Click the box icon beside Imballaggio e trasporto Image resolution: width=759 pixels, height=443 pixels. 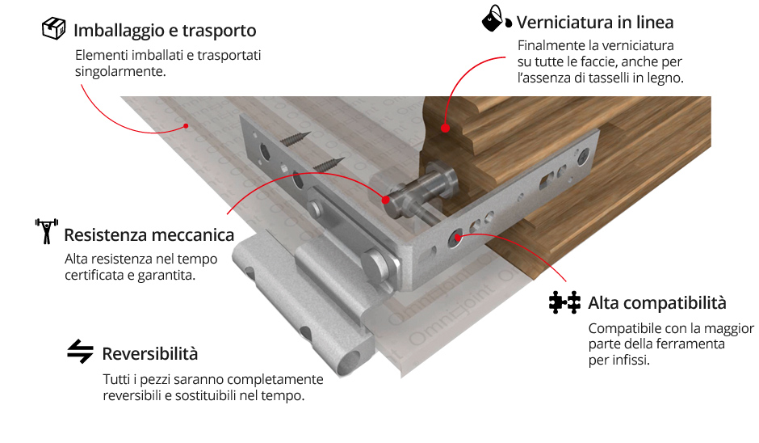click(x=54, y=28)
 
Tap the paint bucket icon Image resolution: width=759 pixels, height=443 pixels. click(x=497, y=19)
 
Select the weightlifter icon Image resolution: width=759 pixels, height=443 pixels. click(x=47, y=231)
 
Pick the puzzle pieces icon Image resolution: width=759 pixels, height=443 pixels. click(x=564, y=302)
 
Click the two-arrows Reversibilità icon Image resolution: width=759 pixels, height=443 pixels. click(x=81, y=351)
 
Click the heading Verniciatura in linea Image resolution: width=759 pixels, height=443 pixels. click(x=595, y=23)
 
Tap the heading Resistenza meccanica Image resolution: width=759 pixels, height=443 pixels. click(x=149, y=235)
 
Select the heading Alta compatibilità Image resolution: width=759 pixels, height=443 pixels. click(x=657, y=303)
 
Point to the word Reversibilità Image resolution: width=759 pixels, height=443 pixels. click(x=150, y=354)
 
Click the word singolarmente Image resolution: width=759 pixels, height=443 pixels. click(x=120, y=72)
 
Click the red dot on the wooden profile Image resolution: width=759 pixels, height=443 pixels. click(x=445, y=128)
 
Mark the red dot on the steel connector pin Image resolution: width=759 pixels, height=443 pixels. click(x=385, y=199)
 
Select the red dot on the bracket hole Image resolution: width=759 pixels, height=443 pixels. click(x=458, y=237)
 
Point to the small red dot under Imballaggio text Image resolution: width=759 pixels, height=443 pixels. click(x=186, y=126)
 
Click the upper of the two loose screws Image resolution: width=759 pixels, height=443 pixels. click(x=296, y=138)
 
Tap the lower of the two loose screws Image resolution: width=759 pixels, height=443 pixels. click(x=329, y=164)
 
